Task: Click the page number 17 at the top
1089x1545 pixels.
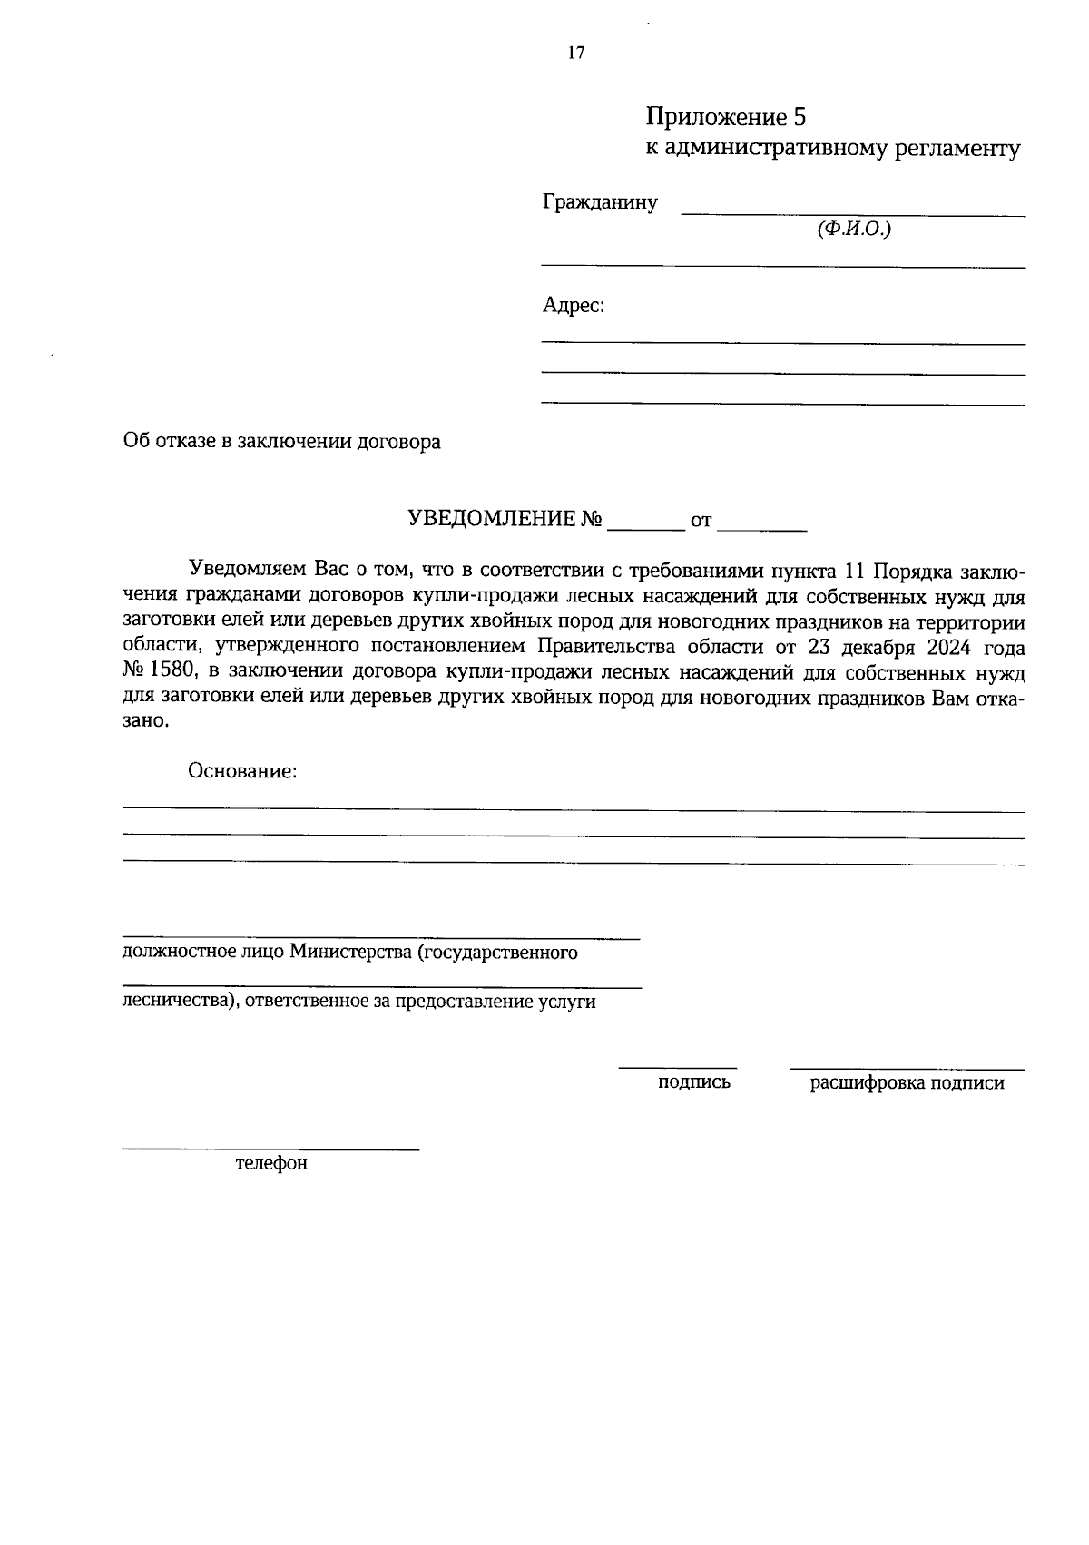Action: click(x=576, y=53)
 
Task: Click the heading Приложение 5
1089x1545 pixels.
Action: click(x=725, y=117)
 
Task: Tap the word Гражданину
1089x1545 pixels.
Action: click(x=600, y=202)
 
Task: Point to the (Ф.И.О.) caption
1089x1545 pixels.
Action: click(x=854, y=230)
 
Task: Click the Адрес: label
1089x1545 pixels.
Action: click(x=574, y=306)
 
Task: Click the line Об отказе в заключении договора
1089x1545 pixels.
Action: click(x=282, y=442)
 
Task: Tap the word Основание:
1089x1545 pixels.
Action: click(x=243, y=772)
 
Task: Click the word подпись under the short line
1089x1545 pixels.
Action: click(x=694, y=1082)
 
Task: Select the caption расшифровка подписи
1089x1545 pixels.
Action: click(x=907, y=1083)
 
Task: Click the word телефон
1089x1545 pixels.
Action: click(x=271, y=1163)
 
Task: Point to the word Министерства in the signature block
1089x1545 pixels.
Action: click(x=349, y=953)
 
